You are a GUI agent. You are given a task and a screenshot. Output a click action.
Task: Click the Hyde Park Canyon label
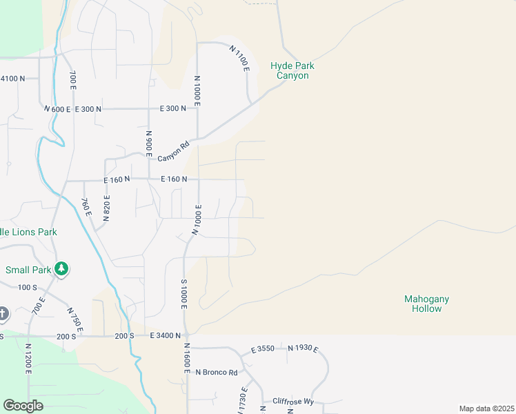[x=292, y=70]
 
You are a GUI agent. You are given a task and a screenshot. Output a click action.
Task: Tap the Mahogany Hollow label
[x=426, y=304]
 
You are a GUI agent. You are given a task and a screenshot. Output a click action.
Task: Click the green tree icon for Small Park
[x=62, y=268]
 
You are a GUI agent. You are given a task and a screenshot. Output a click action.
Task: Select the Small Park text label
[x=28, y=270]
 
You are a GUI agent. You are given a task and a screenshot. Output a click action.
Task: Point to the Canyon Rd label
[x=173, y=152]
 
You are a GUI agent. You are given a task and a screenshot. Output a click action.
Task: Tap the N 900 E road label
[x=148, y=142]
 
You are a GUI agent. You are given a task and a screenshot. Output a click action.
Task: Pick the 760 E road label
[x=86, y=207]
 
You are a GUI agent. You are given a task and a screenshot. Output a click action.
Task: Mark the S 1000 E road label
[x=183, y=295]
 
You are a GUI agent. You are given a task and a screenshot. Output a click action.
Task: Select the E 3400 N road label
[x=165, y=335]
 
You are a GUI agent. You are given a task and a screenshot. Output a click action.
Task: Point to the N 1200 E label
[x=28, y=359]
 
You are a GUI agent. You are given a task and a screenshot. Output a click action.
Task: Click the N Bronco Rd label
[x=216, y=373]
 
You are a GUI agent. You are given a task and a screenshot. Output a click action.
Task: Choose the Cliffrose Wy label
[x=293, y=401]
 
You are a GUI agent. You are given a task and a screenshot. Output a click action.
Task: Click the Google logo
[x=23, y=405]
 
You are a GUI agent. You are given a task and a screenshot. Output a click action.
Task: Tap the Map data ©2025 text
[x=487, y=408]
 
